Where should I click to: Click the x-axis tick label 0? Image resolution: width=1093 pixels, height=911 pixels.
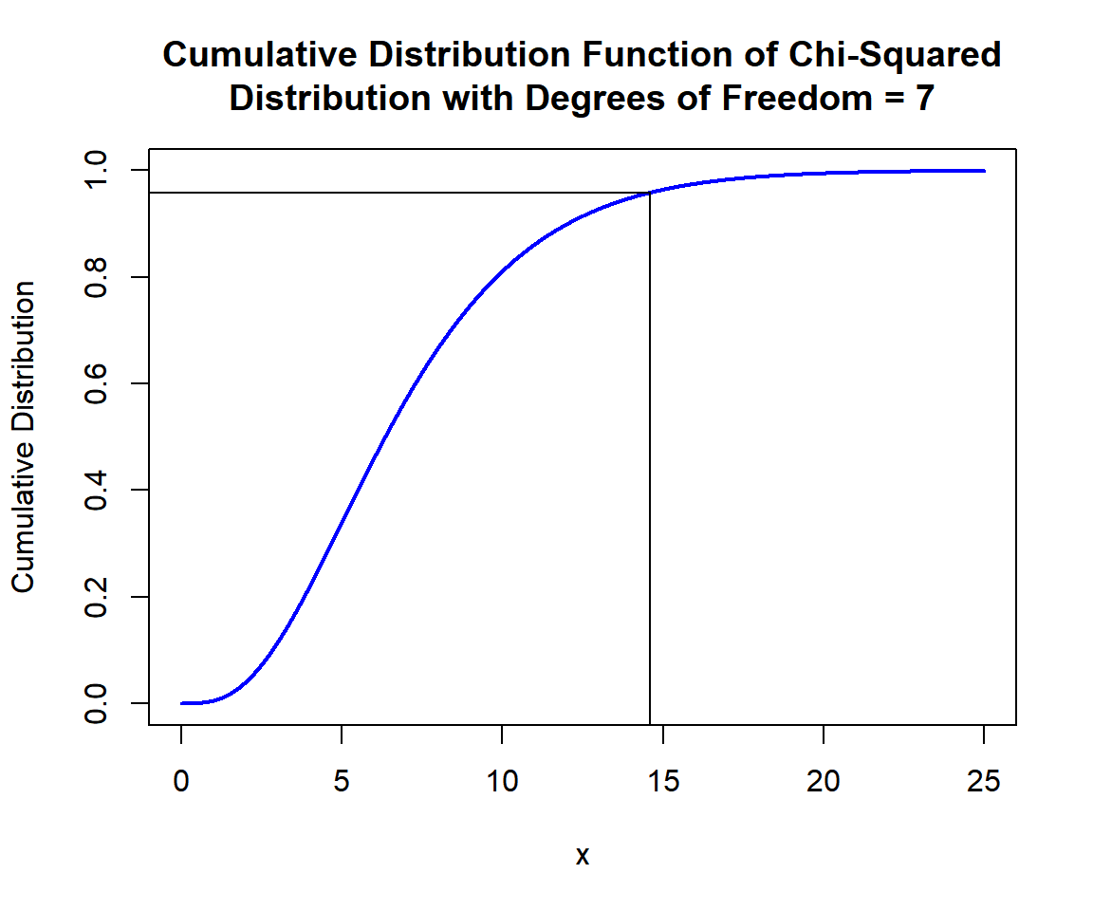coord(181,782)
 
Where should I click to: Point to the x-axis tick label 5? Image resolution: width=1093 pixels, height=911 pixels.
coord(342,782)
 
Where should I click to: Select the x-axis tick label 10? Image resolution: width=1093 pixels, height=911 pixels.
coord(502,782)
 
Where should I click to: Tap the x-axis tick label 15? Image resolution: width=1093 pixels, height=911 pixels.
coord(662,782)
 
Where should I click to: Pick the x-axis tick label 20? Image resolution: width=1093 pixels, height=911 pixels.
coord(824,782)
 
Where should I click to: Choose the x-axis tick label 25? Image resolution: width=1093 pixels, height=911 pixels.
coord(984,782)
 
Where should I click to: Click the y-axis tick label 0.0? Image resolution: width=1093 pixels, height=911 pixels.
coord(95,703)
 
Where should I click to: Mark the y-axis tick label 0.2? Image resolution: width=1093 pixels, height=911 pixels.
coord(95,597)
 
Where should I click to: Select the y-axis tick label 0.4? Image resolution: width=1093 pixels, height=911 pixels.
coord(95,490)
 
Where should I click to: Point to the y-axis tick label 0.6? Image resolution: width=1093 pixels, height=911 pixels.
coord(95,383)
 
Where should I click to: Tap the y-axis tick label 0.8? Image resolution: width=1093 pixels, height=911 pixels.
coord(95,277)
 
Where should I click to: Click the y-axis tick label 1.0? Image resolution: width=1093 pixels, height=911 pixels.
coord(95,171)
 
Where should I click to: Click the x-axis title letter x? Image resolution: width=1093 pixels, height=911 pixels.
coord(583,856)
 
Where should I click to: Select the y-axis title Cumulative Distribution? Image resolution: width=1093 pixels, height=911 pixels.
coord(24,437)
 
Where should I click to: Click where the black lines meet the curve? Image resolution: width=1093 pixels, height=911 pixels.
coord(650,193)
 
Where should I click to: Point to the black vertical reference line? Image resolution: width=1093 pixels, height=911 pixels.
coord(650,474)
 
